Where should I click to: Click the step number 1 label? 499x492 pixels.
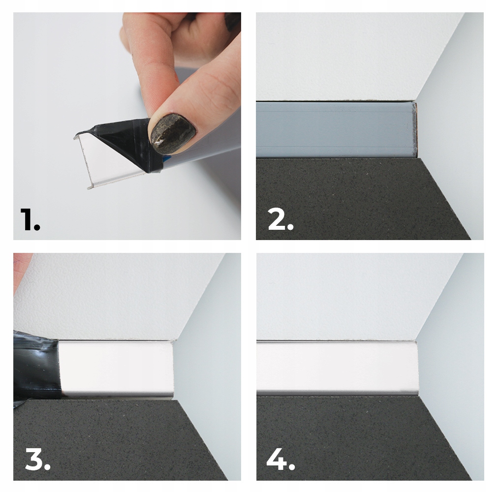(x=30, y=219)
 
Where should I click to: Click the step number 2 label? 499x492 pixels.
(x=281, y=219)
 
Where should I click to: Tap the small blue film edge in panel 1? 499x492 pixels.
(x=167, y=159)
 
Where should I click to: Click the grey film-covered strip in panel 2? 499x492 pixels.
(x=336, y=129)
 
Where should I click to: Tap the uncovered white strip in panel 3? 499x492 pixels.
(x=116, y=369)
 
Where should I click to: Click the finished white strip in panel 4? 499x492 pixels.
(x=337, y=368)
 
